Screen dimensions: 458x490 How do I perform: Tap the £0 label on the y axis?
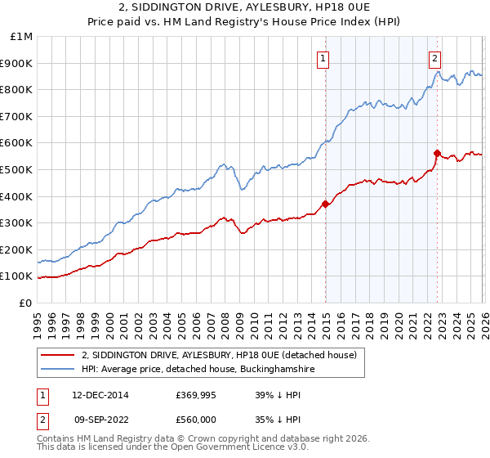(x=26, y=303)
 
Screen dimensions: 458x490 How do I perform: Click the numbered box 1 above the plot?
(x=324, y=58)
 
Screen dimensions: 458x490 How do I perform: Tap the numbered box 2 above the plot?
(x=435, y=58)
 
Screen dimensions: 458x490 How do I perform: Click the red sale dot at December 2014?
(x=326, y=204)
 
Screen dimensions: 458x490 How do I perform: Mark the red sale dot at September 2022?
(x=438, y=153)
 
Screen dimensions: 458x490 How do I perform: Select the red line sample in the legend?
(x=58, y=356)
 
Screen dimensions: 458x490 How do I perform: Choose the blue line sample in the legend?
(x=58, y=370)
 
